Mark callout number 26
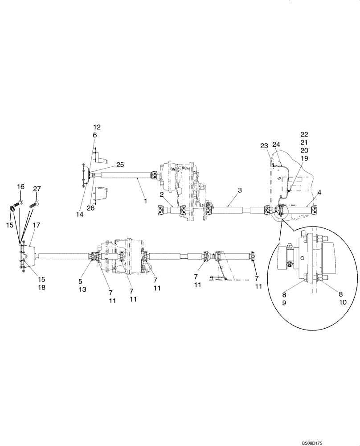click(x=91, y=208)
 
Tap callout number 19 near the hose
click(x=304, y=158)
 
